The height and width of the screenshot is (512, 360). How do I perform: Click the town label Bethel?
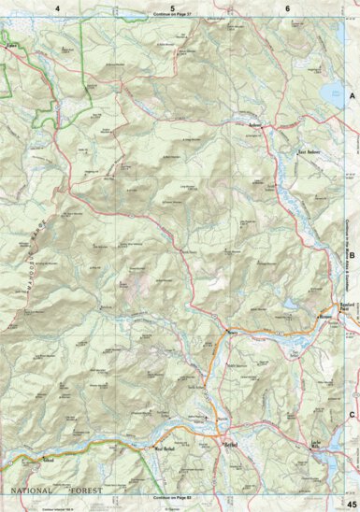point(231,446)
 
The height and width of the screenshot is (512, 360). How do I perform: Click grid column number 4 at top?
point(57,7)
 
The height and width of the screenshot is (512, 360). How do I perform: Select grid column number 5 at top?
point(172,7)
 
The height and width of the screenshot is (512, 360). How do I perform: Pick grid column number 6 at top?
point(287,7)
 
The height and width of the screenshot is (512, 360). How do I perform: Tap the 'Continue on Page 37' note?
point(174,16)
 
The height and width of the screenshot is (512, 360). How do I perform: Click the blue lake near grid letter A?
point(331,91)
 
